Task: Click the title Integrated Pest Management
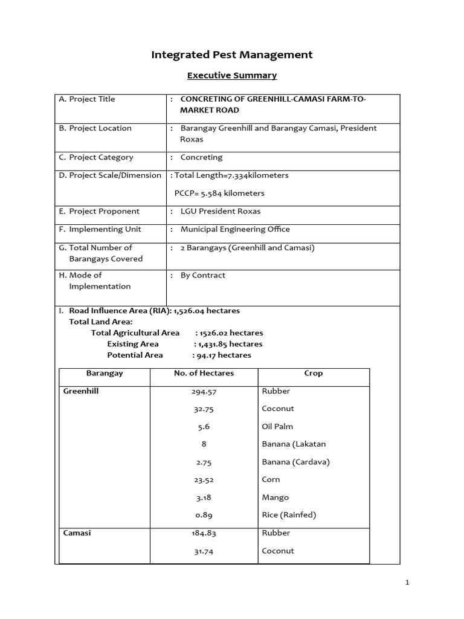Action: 231,55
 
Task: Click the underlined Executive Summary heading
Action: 231,76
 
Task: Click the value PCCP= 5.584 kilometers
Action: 219,193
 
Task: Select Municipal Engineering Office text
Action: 235,230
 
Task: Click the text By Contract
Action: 202,276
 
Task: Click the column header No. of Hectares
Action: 203,374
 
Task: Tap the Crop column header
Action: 313,374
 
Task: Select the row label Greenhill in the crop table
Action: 81,391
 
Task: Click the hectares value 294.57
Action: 203,392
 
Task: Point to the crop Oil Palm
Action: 277,427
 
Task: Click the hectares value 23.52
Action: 203,480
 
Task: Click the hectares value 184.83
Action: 203,533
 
